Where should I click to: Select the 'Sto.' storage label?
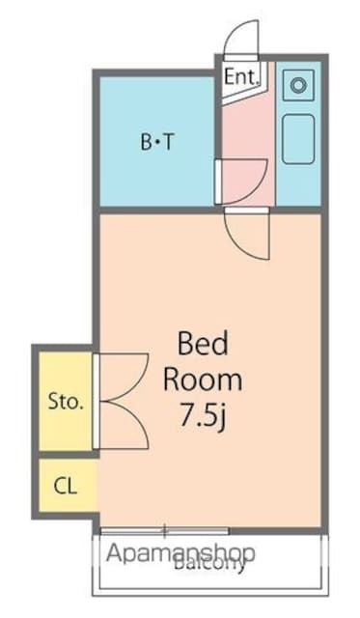66,401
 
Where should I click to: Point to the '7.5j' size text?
202,418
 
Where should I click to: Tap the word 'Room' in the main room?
202,379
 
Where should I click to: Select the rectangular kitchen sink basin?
297,139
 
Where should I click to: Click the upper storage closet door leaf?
120,376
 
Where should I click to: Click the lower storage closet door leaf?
120,424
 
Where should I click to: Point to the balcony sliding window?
164,530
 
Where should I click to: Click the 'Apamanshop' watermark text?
180,554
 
